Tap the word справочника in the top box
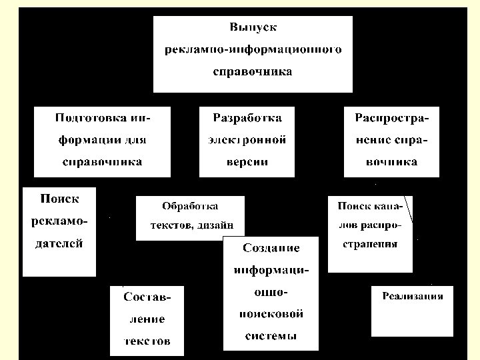(253, 72)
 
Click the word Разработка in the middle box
(247, 118)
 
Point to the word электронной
(247, 140)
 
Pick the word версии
(247, 162)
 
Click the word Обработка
(190, 206)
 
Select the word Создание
(271, 248)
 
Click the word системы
(271, 335)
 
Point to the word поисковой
(271, 313)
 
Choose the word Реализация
(413, 296)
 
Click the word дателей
(59, 243)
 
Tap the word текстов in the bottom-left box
(147, 341)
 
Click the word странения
(370, 244)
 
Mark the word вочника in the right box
(391, 162)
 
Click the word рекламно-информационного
(253, 50)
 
